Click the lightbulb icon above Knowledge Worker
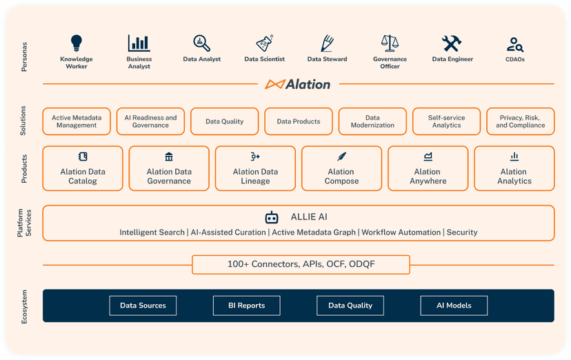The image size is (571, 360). (x=77, y=43)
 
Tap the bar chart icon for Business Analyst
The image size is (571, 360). (x=139, y=43)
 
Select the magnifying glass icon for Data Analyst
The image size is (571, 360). (x=201, y=43)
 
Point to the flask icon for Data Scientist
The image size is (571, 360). (x=264, y=43)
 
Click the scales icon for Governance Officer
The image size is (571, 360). (x=390, y=43)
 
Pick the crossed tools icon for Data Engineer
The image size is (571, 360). (x=452, y=43)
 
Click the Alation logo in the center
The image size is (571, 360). (x=298, y=84)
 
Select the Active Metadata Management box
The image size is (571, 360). (x=77, y=121)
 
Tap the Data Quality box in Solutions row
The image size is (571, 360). (x=225, y=121)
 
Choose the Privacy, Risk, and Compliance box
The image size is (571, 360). (x=520, y=121)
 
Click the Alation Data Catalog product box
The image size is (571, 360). (x=83, y=168)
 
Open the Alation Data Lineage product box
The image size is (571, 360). (x=255, y=168)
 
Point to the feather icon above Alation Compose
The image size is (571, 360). (x=342, y=157)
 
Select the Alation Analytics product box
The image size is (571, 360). (x=514, y=168)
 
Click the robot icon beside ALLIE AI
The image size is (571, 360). (x=272, y=217)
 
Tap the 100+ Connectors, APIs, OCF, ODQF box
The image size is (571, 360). (x=301, y=264)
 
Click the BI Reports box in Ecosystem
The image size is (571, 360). (x=246, y=306)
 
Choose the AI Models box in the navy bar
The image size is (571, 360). (x=454, y=306)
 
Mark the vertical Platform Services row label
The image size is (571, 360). (x=24, y=223)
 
